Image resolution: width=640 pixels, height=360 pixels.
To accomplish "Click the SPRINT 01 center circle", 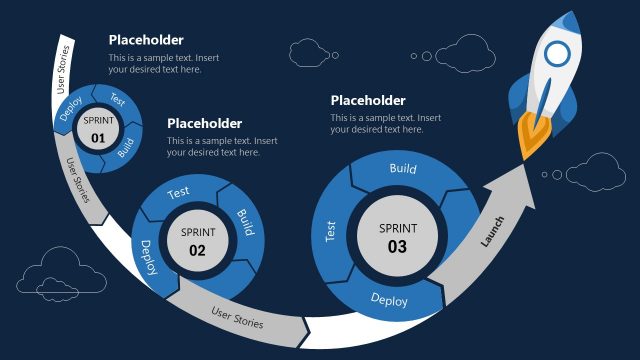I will pos(98,132).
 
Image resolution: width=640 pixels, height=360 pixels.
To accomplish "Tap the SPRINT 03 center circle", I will pos(397,238).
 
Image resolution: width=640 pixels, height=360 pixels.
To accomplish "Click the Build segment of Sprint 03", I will pos(403,170).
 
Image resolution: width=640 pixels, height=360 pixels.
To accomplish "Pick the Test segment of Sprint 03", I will pos(331,232).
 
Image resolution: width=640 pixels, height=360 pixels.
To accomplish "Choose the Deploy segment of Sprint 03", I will pos(389,299).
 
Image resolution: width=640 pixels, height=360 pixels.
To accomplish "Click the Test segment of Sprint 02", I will pos(179,192).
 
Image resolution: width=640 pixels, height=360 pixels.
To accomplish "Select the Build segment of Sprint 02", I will pos(243,223).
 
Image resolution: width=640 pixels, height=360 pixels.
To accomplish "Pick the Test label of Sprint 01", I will pos(117,100).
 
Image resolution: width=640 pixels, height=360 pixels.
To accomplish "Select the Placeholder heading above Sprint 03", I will pos(368,100).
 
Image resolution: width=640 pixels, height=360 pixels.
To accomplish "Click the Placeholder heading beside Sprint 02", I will pos(204,123).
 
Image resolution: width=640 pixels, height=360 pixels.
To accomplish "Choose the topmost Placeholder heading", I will pos(146,40).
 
